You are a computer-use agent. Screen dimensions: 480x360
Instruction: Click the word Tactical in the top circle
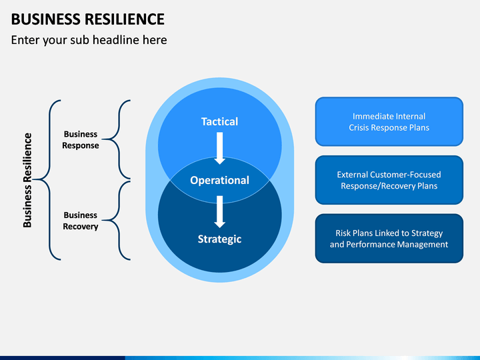coord(219,121)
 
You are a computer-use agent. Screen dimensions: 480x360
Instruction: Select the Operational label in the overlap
coord(219,180)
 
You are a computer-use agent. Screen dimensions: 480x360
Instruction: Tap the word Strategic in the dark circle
coord(219,239)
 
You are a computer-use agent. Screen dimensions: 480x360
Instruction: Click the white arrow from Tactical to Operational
coord(219,148)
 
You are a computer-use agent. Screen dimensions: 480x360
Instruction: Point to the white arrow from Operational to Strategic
coord(219,211)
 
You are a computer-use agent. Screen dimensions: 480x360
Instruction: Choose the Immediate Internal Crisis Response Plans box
coord(389,121)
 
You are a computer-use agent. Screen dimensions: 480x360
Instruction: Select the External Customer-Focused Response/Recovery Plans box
coord(389,180)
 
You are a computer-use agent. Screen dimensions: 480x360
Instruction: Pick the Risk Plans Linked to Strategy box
coord(389,239)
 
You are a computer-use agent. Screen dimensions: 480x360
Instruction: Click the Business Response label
coord(81,139)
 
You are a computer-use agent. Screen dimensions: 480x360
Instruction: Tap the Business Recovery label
coord(81,221)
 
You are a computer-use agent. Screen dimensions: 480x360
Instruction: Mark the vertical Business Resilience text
coord(27,180)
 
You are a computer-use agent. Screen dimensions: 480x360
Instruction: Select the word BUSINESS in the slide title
coord(46,19)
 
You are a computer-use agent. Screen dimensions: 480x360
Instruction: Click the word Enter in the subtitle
coord(25,40)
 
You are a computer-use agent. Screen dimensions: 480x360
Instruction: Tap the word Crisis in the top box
coord(359,127)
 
